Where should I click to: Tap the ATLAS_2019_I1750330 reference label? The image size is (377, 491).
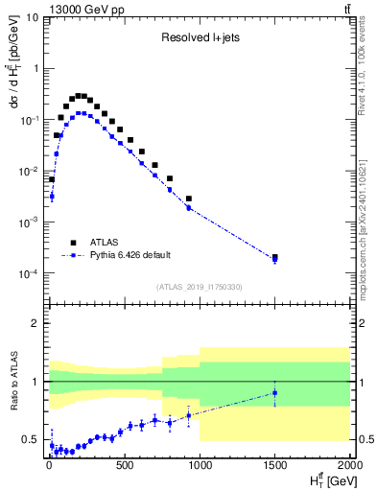(x=198, y=287)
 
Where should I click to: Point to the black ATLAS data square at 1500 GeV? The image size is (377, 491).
(x=275, y=257)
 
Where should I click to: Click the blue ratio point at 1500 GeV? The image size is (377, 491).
(x=275, y=392)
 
